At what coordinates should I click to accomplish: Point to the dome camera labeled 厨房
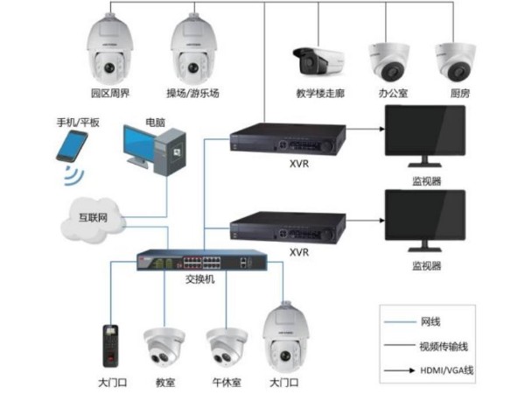pyautogui.click(x=457, y=60)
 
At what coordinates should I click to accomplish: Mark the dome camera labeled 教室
pyautogui.click(x=164, y=348)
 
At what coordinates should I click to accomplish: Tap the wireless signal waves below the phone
pyautogui.click(x=73, y=178)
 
